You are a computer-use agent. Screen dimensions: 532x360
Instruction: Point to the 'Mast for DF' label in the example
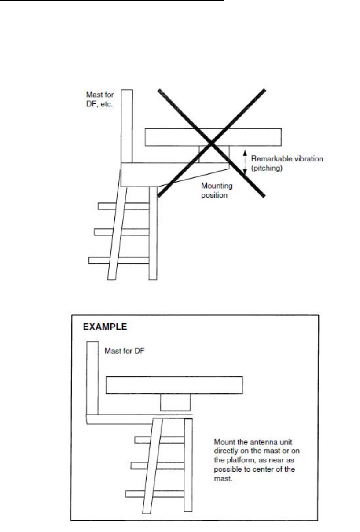click(x=122, y=351)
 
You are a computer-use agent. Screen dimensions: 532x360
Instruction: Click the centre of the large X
click(x=212, y=143)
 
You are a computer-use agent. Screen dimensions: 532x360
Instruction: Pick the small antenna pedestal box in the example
click(x=175, y=402)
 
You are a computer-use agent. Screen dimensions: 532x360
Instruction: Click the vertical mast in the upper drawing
click(x=127, y=125)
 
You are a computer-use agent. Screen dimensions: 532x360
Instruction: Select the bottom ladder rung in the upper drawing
click(x=101, y=260)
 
